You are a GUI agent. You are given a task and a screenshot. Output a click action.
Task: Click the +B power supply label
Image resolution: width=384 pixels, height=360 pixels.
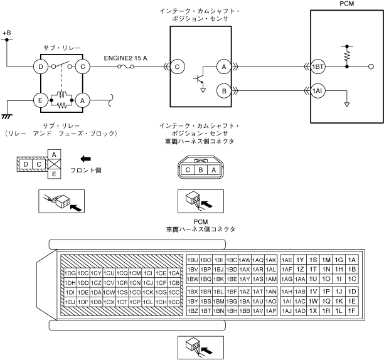[x=7, y=31]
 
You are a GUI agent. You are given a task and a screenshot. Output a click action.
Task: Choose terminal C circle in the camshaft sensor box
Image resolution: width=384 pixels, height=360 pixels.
[x=178, y=66]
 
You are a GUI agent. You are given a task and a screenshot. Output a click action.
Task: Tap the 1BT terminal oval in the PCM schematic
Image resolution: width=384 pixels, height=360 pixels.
[x=317, y=66]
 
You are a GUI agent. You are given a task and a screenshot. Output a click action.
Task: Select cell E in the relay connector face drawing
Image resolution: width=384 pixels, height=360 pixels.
[x=55, y=174]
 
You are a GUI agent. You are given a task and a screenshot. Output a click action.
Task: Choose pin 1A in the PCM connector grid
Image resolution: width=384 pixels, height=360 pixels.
[x=351, y=260]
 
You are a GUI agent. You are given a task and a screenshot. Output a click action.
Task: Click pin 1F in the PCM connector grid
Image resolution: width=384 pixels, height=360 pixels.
[x=351, y=310]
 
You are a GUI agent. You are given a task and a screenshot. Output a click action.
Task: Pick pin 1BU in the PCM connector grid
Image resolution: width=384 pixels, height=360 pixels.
[x=193, y=260]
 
